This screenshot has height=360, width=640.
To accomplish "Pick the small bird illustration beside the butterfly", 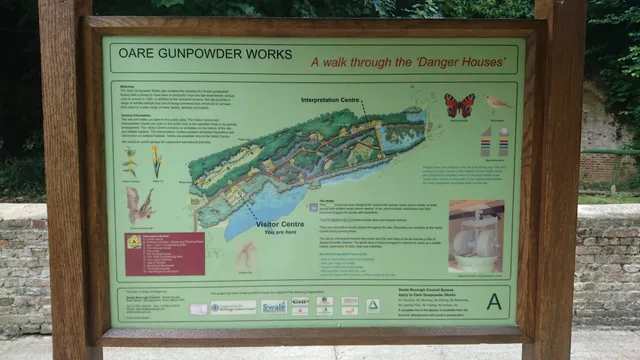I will pyautogui.click(x=497, y=103).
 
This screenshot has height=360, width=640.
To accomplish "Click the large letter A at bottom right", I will pyautogui.click(x=494, y=301).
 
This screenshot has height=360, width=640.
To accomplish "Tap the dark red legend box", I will pyautogui.click(x=163, y=254).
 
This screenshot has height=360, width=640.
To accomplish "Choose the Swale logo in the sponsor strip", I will pyautogui.click(x=274, y=307).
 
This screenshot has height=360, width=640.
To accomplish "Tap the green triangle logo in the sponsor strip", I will pyautogui.click(x=372, y=306).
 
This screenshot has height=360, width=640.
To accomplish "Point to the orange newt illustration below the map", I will pyautogui.click(x=245, y=254).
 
